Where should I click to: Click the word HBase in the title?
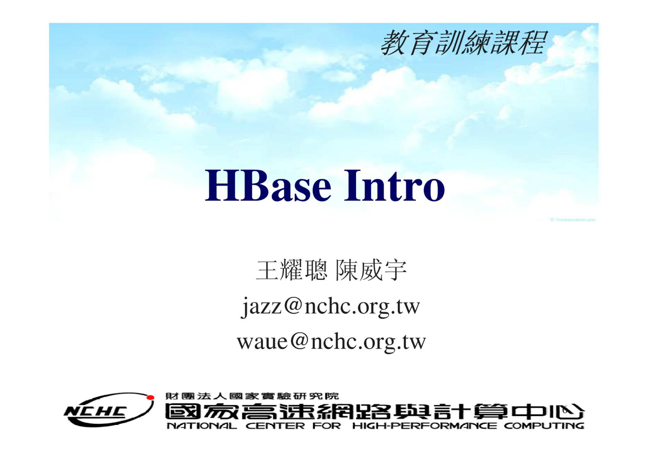(x=268, y=185)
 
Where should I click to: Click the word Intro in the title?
(x=394, y=185)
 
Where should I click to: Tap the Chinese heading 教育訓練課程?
(x=464, y=43)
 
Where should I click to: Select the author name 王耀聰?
(x=292, y=270)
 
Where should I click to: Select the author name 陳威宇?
(x=371, y=270)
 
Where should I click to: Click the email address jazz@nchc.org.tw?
(x=330, y=306)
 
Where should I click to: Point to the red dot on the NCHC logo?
(x=150, y=398)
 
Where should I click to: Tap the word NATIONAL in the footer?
(x=202, y=426)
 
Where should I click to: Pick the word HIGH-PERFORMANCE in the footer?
(x=425, y=426)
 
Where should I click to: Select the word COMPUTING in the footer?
(x=544, y=426)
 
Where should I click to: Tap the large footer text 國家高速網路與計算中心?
(x=375, y=411)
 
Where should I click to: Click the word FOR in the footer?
(x=327, y=426)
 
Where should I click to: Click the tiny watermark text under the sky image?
(x=573, y=220)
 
